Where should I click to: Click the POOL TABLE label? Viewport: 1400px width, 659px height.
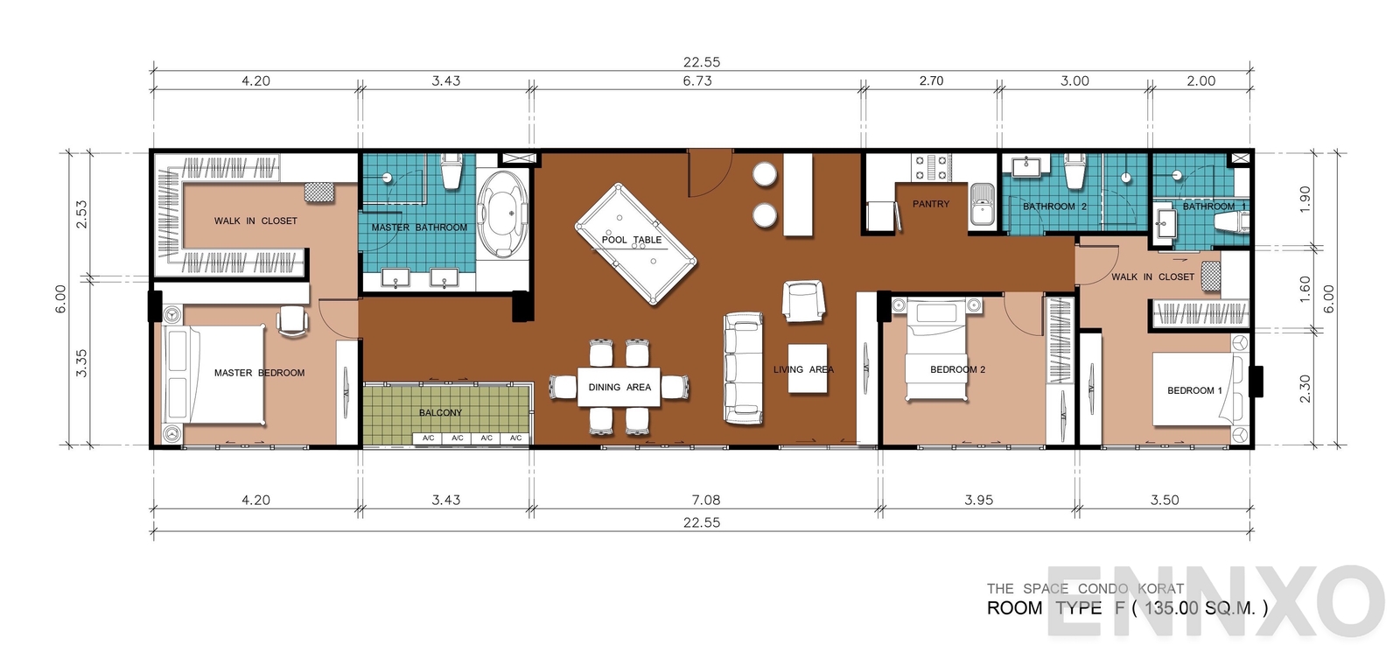[631, 239]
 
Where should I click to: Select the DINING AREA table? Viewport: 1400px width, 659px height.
[619, 387]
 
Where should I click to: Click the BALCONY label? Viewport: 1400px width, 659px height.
[440, 412]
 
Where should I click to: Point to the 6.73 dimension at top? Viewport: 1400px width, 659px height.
[697, 81]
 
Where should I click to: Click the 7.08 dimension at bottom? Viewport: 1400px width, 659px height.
[705, 500]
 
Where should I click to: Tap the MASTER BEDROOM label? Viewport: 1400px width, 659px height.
[259, 373]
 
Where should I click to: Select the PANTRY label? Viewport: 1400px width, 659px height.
[930, 204]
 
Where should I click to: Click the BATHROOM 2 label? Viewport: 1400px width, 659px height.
[1054, 207]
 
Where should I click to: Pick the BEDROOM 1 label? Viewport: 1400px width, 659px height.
[1194, 390]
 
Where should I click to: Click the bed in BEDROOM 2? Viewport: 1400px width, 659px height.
[937, 350]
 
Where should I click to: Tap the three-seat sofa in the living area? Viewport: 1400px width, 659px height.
[743, 368]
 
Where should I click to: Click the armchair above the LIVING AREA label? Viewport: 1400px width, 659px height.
[802, 301]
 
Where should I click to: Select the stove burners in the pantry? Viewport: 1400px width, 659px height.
[932, 167]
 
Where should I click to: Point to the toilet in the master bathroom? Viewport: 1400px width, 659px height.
[451, 172]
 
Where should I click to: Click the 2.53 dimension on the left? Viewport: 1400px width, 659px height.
[81, 214]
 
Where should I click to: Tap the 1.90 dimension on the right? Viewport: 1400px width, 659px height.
[1305, 196]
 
